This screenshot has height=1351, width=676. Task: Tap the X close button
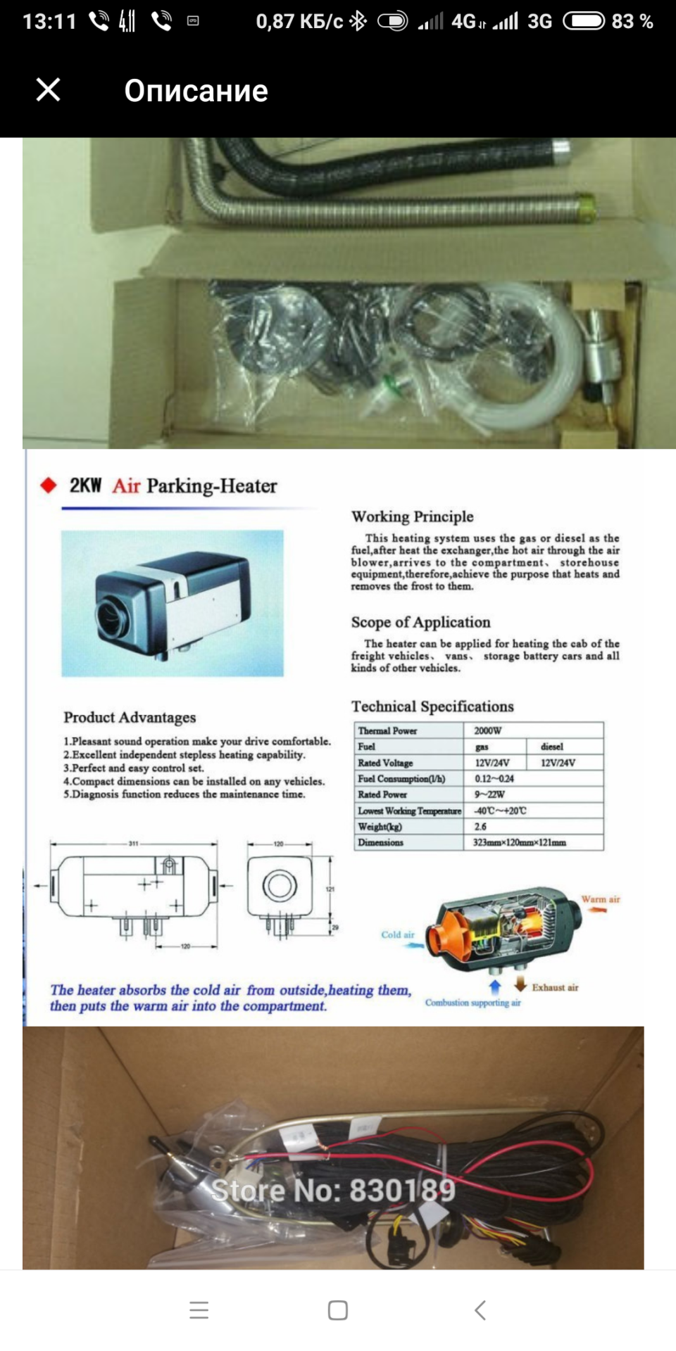pos(48,90)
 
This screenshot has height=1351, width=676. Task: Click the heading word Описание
pos(196,91)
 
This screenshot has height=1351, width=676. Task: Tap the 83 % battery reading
pos(632,22)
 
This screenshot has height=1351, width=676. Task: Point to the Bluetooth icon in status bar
pos(358,22)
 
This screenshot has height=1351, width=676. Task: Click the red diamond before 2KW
pos(48,486)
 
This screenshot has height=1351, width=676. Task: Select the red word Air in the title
pos(126,486)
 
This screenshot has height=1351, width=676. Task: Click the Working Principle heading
pos(412,516)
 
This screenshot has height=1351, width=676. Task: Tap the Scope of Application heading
pos(420,622)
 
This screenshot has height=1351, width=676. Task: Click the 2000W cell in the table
pos(488,730)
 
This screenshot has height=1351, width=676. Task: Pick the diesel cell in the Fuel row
pos(551,747)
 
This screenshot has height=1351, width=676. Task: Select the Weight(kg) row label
pos(380,827)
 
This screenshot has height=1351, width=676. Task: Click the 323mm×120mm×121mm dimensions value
pos(520,842)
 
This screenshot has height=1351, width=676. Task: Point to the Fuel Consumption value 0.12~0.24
pos(494,779)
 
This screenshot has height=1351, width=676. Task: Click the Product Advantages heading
pos(130,718)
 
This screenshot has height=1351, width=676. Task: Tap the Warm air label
pos(600,899)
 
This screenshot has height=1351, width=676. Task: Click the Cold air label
pos(398,935)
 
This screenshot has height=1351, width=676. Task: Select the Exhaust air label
pos(555,988)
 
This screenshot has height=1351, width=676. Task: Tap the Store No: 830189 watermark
pos(333,1191)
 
